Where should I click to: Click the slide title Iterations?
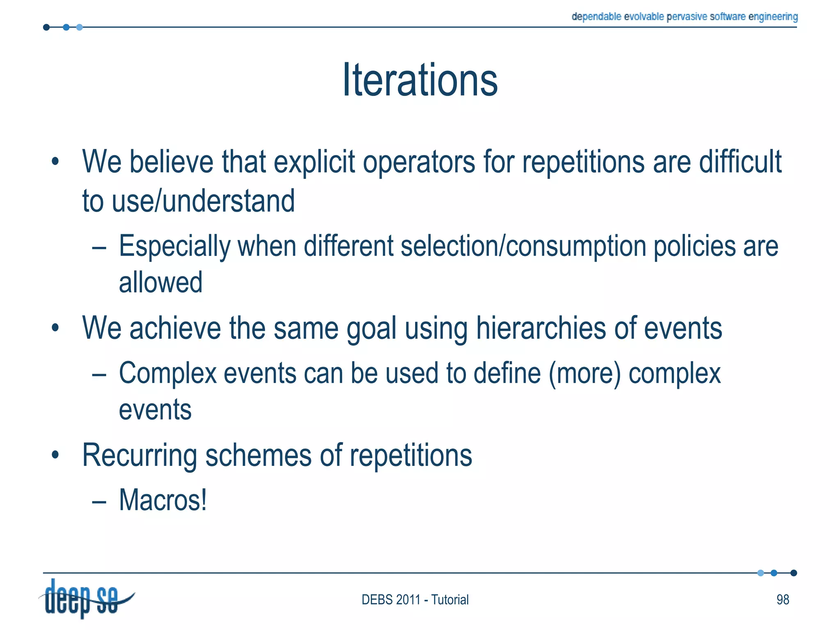(x=420, y=80)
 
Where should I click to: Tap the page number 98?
(x=783, y=600)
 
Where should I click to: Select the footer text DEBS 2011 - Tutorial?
(x=415, y=600)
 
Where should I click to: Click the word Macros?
(x=163, y=500)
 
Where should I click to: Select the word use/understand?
(x=203, y=201)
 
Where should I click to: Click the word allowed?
(x=160, y=282)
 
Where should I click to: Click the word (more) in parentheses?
(x=584, y=373)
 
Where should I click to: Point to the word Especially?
(x=175, y=247)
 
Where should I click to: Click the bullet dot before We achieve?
(x=55, y=328)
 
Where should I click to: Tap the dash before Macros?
(x=99, y=501)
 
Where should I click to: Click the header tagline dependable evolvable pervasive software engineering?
(x=685, y=16)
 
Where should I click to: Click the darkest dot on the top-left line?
(x=46, y=27)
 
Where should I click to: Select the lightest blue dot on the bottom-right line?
(x=760, y=573)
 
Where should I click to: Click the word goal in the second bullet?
(x=371, y=329)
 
